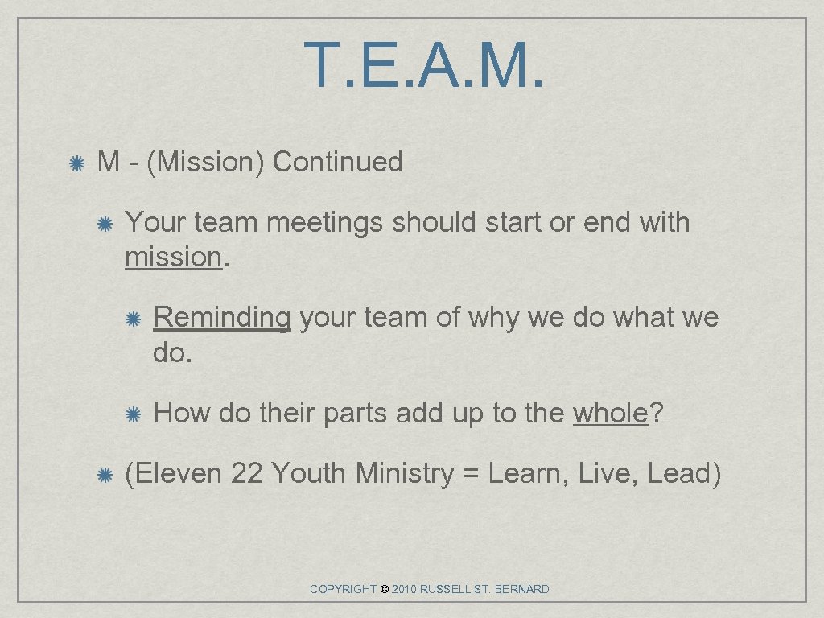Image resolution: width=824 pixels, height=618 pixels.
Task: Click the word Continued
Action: [x=337, y=162]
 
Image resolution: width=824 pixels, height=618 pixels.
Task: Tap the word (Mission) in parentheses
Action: [x=205, y=162]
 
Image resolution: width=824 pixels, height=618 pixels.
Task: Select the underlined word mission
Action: [x=172, y=257]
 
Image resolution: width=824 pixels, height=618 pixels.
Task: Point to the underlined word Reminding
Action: [x=221, y=318]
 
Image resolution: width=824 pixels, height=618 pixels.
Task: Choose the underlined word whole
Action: [x=610, y=413]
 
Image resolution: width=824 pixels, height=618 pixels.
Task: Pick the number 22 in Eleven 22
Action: [x=246, y=473]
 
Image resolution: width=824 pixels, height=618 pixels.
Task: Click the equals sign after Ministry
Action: [x=472, y=473]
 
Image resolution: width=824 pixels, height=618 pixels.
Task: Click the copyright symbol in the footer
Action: [x=384, y=590]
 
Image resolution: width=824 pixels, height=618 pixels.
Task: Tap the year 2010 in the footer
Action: [x=406, y=590]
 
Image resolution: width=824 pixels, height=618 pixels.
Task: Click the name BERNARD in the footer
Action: [x=522, y=590]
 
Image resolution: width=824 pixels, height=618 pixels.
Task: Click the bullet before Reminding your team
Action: [x=134, y=319]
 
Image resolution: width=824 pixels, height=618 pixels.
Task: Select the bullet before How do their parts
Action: [x=134, y=414]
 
